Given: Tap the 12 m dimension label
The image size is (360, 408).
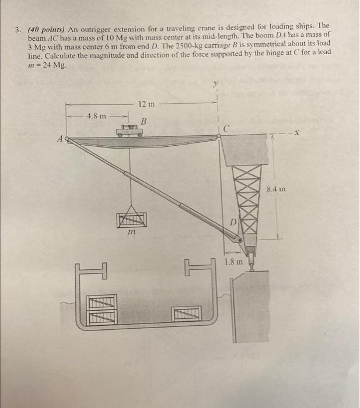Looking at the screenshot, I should pyautogui.click(x=146, y=104).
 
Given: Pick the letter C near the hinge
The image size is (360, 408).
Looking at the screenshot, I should pyautogui.click(x=226, y=128).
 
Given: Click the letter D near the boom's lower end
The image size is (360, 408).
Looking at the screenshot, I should pyautogui.click(x=231, y=224).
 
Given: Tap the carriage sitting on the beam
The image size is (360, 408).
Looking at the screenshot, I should pyautogui.click(x=130, y=133).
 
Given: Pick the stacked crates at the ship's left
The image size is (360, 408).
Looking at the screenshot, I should pyautogui.click(x=103, y=308).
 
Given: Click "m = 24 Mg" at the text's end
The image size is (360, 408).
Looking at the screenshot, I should pyautogui.click(x=51, y=64).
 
